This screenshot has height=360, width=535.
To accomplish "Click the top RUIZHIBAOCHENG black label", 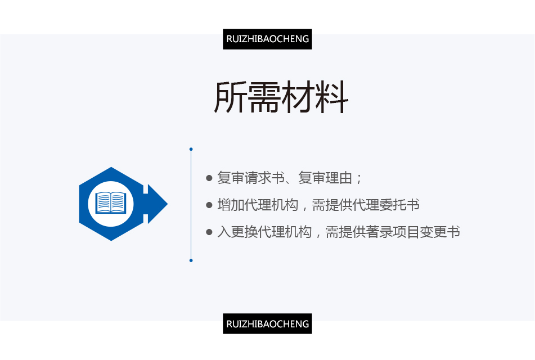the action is click(267, 39).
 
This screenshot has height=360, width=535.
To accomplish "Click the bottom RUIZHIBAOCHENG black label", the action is click(267, 323).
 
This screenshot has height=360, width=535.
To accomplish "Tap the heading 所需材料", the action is click(281, 97).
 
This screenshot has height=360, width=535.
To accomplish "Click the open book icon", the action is click(111, 202).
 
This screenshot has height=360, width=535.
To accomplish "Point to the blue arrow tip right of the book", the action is click(167, 204).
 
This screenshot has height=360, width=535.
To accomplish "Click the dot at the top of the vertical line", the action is click(191, 149).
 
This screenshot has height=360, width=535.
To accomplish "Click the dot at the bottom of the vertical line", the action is click(191, 260).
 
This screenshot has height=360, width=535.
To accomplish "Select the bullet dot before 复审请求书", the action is click(209, 178).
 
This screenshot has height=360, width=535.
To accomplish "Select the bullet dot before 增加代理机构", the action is click(209, 205).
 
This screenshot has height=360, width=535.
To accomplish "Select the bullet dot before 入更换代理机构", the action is click(209, 232).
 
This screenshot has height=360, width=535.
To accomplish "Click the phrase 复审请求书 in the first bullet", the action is click(251, 178).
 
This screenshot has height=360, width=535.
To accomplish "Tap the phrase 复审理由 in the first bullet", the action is click(325, 178).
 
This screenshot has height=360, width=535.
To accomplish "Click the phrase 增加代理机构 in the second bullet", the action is click(258, 205).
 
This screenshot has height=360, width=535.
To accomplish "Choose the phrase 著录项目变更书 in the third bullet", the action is click(413, 232).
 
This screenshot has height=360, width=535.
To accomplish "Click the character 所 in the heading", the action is click(230, 97).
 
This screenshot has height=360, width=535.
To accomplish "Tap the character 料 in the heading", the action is click(332, 97).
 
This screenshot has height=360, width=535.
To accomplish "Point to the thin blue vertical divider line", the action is click(191, 205).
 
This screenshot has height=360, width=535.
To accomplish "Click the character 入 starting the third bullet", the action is click(224, 232).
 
